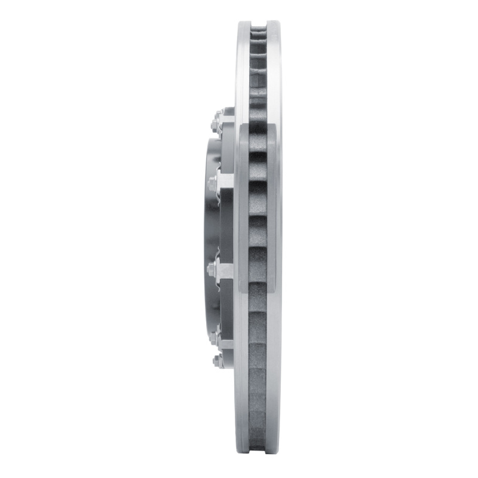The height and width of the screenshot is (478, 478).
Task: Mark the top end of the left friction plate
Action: [244, 25]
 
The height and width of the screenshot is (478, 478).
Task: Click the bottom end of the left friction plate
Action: [244, 452]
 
